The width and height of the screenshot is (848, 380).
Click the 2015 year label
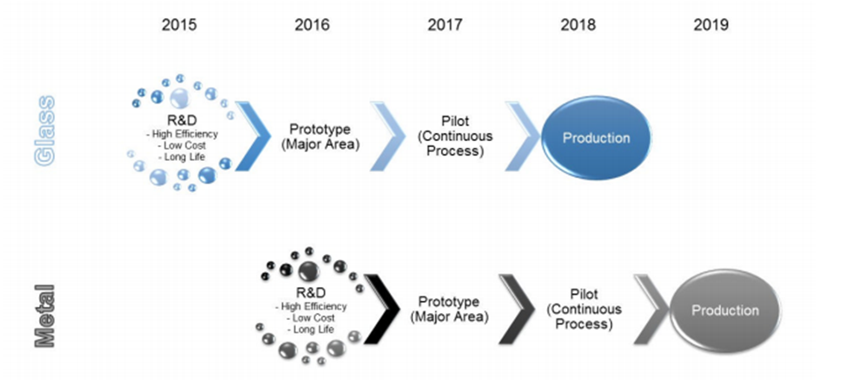(x=179, y=25)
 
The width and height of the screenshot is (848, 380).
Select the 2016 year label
(x=312, y=25)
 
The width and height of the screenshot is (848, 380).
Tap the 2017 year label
(x=445, y=25)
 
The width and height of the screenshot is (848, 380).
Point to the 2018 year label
(x=578, y=25)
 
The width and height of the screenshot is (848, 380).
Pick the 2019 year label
(x=711, y=25)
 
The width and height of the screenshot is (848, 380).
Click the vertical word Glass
(x=45, y=130)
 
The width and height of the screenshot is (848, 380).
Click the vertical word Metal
(x=45, y=315)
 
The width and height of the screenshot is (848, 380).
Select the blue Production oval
(x=596, y=138)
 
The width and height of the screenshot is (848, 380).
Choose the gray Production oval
(x=725, y=310)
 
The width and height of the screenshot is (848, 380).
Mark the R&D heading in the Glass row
(x=178, y=121)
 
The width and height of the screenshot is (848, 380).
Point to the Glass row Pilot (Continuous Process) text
(x=455, y=135)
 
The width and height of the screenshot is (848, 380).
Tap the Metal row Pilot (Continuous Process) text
(x=584, y=309)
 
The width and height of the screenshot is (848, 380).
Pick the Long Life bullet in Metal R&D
(x=313, y=330)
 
